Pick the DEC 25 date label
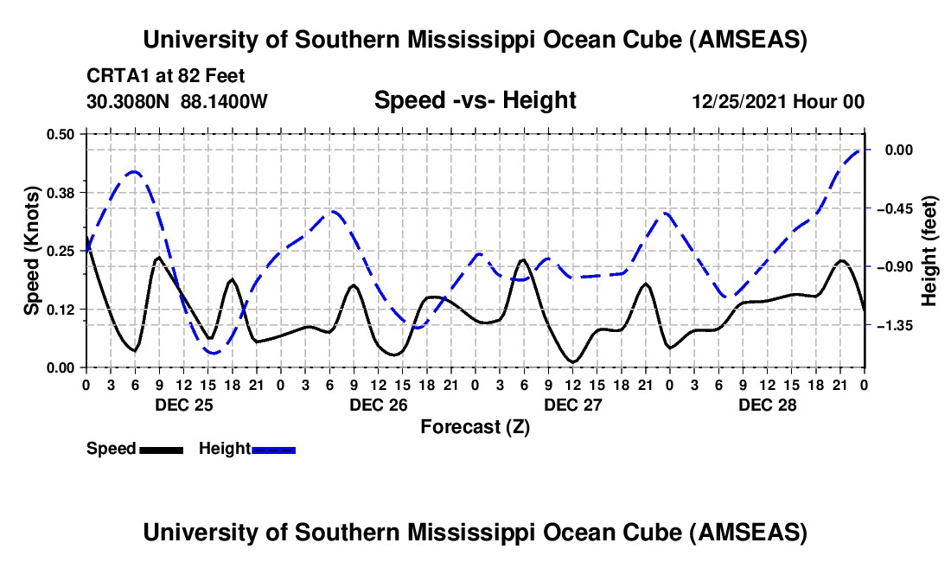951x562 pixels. click(x=182, y=405)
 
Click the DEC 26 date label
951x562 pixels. click(x=378, y=405)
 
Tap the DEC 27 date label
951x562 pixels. click(x=572, y=405)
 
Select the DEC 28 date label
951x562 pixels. click(x=767, y=405)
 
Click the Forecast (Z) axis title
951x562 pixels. click(x=475, y=426)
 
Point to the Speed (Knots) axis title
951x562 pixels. click(x=31, y=250)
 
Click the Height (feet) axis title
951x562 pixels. click(x=929, y=250)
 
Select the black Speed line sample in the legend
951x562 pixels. click(x=161, y=449)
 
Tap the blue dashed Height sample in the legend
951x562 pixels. click(x=273, y=449)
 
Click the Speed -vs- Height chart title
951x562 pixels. click(x=475, y=100)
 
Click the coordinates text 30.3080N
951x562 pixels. click(x=130, y=101)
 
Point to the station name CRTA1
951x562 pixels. click(x=112, y=76)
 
